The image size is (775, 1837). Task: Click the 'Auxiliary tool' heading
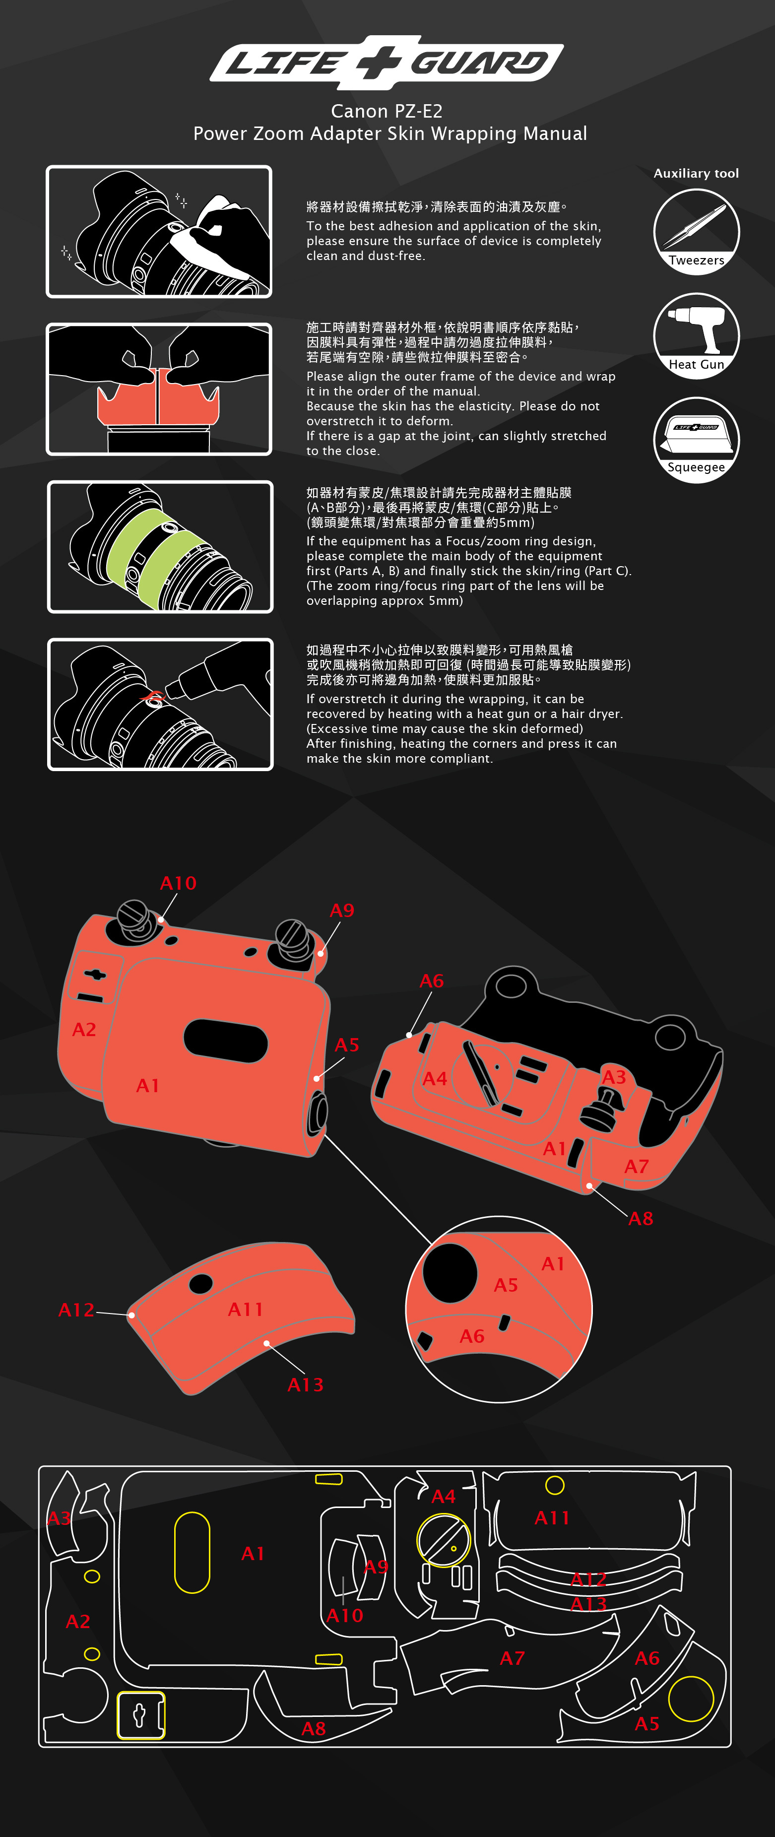(696, 173)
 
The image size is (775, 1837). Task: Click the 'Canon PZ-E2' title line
(387, 111)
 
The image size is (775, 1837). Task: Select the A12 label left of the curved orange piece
(76, 1310)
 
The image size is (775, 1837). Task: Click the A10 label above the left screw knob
(178, 883)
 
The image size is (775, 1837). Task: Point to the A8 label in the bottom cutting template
(314, 1728)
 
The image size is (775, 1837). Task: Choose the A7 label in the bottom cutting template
(512, 1658)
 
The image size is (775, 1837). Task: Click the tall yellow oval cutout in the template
(192, 1553)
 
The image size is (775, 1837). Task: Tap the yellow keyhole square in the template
(140, 1714)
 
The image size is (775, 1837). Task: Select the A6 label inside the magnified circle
(472, 1336)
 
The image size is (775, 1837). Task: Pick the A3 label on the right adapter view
(613, 1076)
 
